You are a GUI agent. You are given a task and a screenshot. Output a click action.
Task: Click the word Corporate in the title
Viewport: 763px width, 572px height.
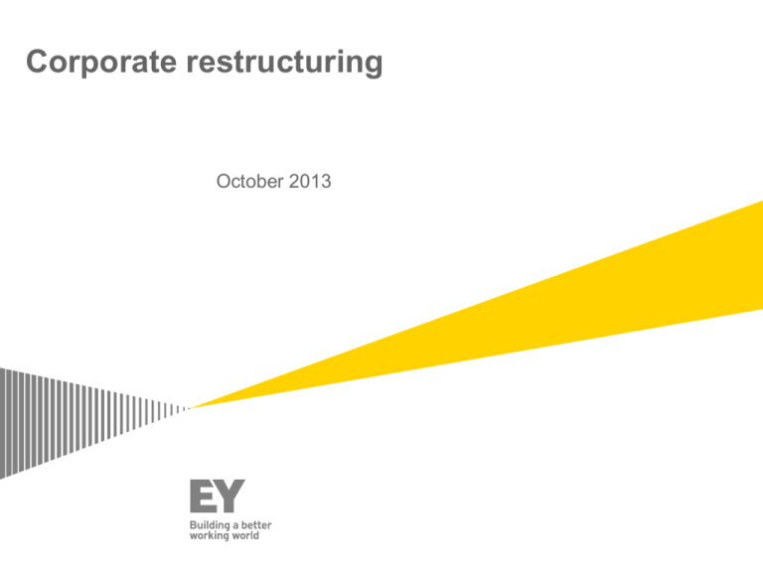[101, 63]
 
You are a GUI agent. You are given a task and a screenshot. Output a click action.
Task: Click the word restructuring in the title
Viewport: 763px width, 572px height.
[285, 63]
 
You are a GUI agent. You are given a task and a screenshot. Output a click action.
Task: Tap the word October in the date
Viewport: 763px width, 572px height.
[250, 182]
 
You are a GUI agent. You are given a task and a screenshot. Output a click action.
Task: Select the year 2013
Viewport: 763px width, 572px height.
[310, 182]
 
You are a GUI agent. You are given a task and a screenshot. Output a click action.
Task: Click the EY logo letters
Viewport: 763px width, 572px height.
[217, 497]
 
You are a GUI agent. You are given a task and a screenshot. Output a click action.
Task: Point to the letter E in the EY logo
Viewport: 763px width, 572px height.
[202, 497]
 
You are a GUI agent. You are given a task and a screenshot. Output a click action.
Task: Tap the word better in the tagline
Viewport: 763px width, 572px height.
[256, 525]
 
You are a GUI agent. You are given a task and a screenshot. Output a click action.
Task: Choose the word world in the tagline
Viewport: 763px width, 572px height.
[245, 535]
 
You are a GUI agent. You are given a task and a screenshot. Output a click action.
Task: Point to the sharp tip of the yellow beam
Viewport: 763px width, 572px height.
[191, 408]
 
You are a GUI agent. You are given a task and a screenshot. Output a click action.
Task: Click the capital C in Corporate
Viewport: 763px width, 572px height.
[37, 63]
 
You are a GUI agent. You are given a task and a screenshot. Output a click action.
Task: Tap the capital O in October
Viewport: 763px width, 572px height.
[224, 182]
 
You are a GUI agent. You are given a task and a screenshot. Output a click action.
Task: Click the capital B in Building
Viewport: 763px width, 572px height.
[193, 525]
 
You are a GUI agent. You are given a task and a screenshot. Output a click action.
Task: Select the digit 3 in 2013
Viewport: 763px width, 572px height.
[326, 182]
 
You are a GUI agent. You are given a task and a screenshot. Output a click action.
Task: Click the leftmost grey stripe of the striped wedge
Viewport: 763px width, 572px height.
[2, 423]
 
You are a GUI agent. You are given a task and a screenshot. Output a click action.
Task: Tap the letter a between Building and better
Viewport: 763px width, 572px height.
[235, 526]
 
